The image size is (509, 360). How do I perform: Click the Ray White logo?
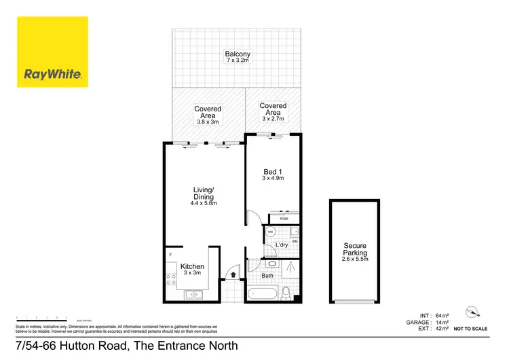pyautogui.click(x=52, y=52)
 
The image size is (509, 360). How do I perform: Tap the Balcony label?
pyautogui.click(x=238, y=58)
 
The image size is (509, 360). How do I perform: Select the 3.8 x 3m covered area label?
pyautogui.click(x=208, y=115)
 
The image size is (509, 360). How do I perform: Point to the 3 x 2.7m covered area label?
pyautogui.click(x=273, y=111)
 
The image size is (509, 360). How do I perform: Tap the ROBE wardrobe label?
pyautogui.click(x=284, y=219)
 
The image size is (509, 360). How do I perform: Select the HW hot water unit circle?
pyautogui.click(x=270, y=233)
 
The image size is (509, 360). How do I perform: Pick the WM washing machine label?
pyautogui.click(x=295, y=240)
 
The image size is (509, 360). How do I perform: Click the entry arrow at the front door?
pyautogui.click(x=233, y=275)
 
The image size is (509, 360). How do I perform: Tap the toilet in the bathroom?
pyautogui.click(x=287, y=293)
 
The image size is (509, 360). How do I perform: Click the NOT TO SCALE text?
pyautogui.click(x=470, y=329)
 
